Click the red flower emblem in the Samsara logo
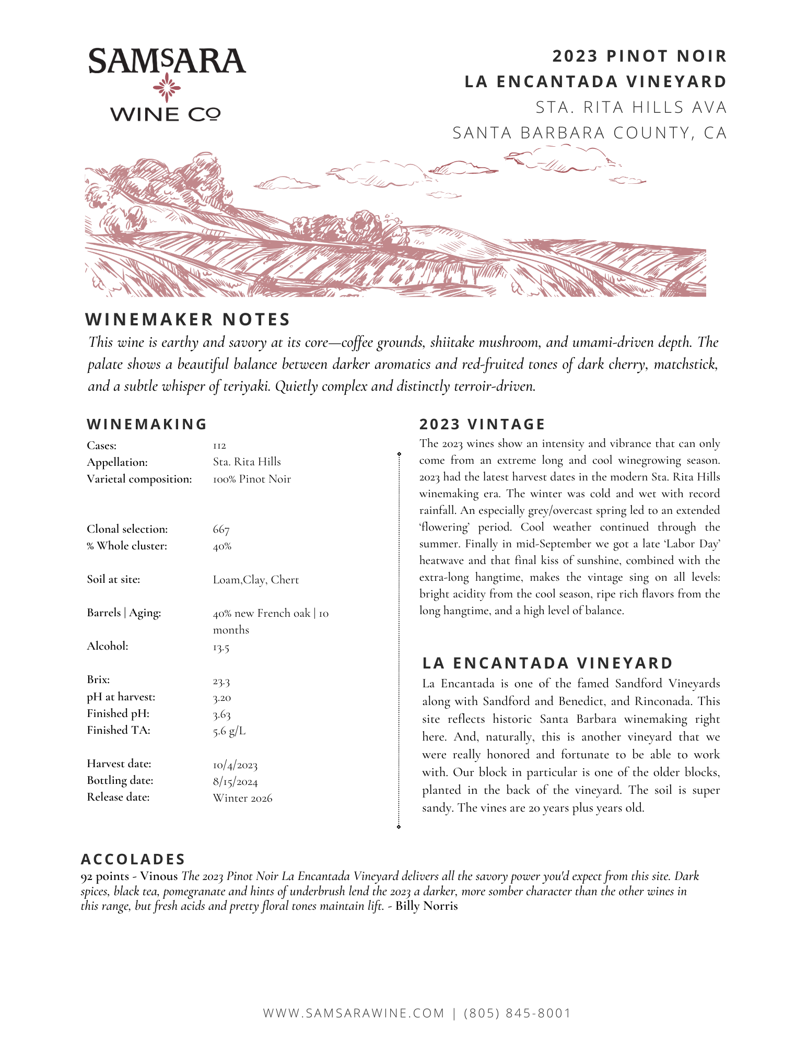coord(167,87)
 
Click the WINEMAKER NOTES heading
coord(188,319)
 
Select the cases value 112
coord(219,445)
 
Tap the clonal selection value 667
coord(221,529)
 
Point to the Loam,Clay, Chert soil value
coord(256,580)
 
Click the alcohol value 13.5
coord(221,648)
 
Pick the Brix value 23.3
coord(221,681)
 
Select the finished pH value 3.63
coord(221,714)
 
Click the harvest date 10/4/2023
coord(235,765)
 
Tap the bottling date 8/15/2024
coord(235,782)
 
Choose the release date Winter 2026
coord(242,798)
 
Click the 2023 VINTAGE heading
coord(482,424)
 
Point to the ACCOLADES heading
coord(133,859)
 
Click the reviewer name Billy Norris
coord(426,906)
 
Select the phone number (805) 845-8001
coord(517,1013)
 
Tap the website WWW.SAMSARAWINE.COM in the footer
coord(354,1013)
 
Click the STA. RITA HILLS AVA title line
coord(631,107)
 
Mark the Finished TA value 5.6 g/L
coord(229,731)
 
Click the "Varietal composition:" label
coord(139,479)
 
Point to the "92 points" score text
coord(104,876)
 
